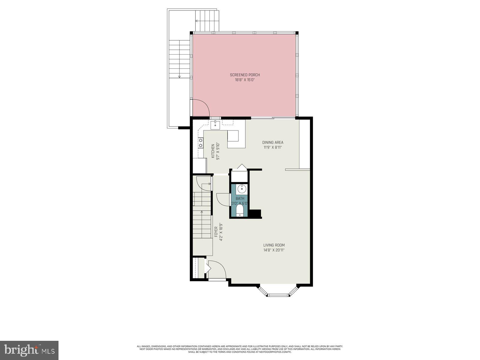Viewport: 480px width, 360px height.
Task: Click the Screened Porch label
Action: coord(245,75)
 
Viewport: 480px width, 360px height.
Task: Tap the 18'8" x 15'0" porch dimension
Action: coord(245,80)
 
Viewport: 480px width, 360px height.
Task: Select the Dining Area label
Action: coord(273,142)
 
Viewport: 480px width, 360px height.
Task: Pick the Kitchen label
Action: coord(213,151)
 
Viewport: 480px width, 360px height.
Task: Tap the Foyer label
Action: coord(216,232)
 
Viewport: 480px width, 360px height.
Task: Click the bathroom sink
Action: coord(242,189)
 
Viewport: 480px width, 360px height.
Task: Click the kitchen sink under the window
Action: coord(215,125)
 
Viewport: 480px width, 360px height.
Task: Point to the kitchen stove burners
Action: coord(200,143)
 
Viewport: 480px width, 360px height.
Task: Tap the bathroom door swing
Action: coord(223,199)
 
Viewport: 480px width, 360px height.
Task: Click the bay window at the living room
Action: coord(278,292)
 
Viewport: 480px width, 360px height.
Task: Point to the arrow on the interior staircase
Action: coord(202,212)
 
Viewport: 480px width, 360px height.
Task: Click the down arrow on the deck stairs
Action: coord(179,76)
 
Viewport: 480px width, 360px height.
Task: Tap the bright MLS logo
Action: coord(29,349)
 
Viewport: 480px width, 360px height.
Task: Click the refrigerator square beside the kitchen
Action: coord(199,166)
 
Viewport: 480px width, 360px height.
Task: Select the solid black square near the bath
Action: coord(255,214)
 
